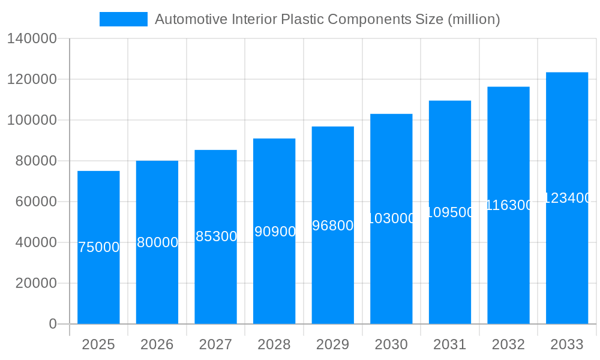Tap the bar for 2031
pos(450,270)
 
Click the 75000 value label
pos(99,247)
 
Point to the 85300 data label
pos(216,236)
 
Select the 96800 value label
pos(333,226)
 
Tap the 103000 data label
pos(391,218)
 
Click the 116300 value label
pos(508,205)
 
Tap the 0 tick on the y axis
pos(52,324)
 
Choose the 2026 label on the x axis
pos(157,344)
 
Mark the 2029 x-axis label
pos(333,344)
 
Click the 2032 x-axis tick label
pos(508,344)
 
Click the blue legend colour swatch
pos(124,19)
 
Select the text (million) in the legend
pos(473,19)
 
